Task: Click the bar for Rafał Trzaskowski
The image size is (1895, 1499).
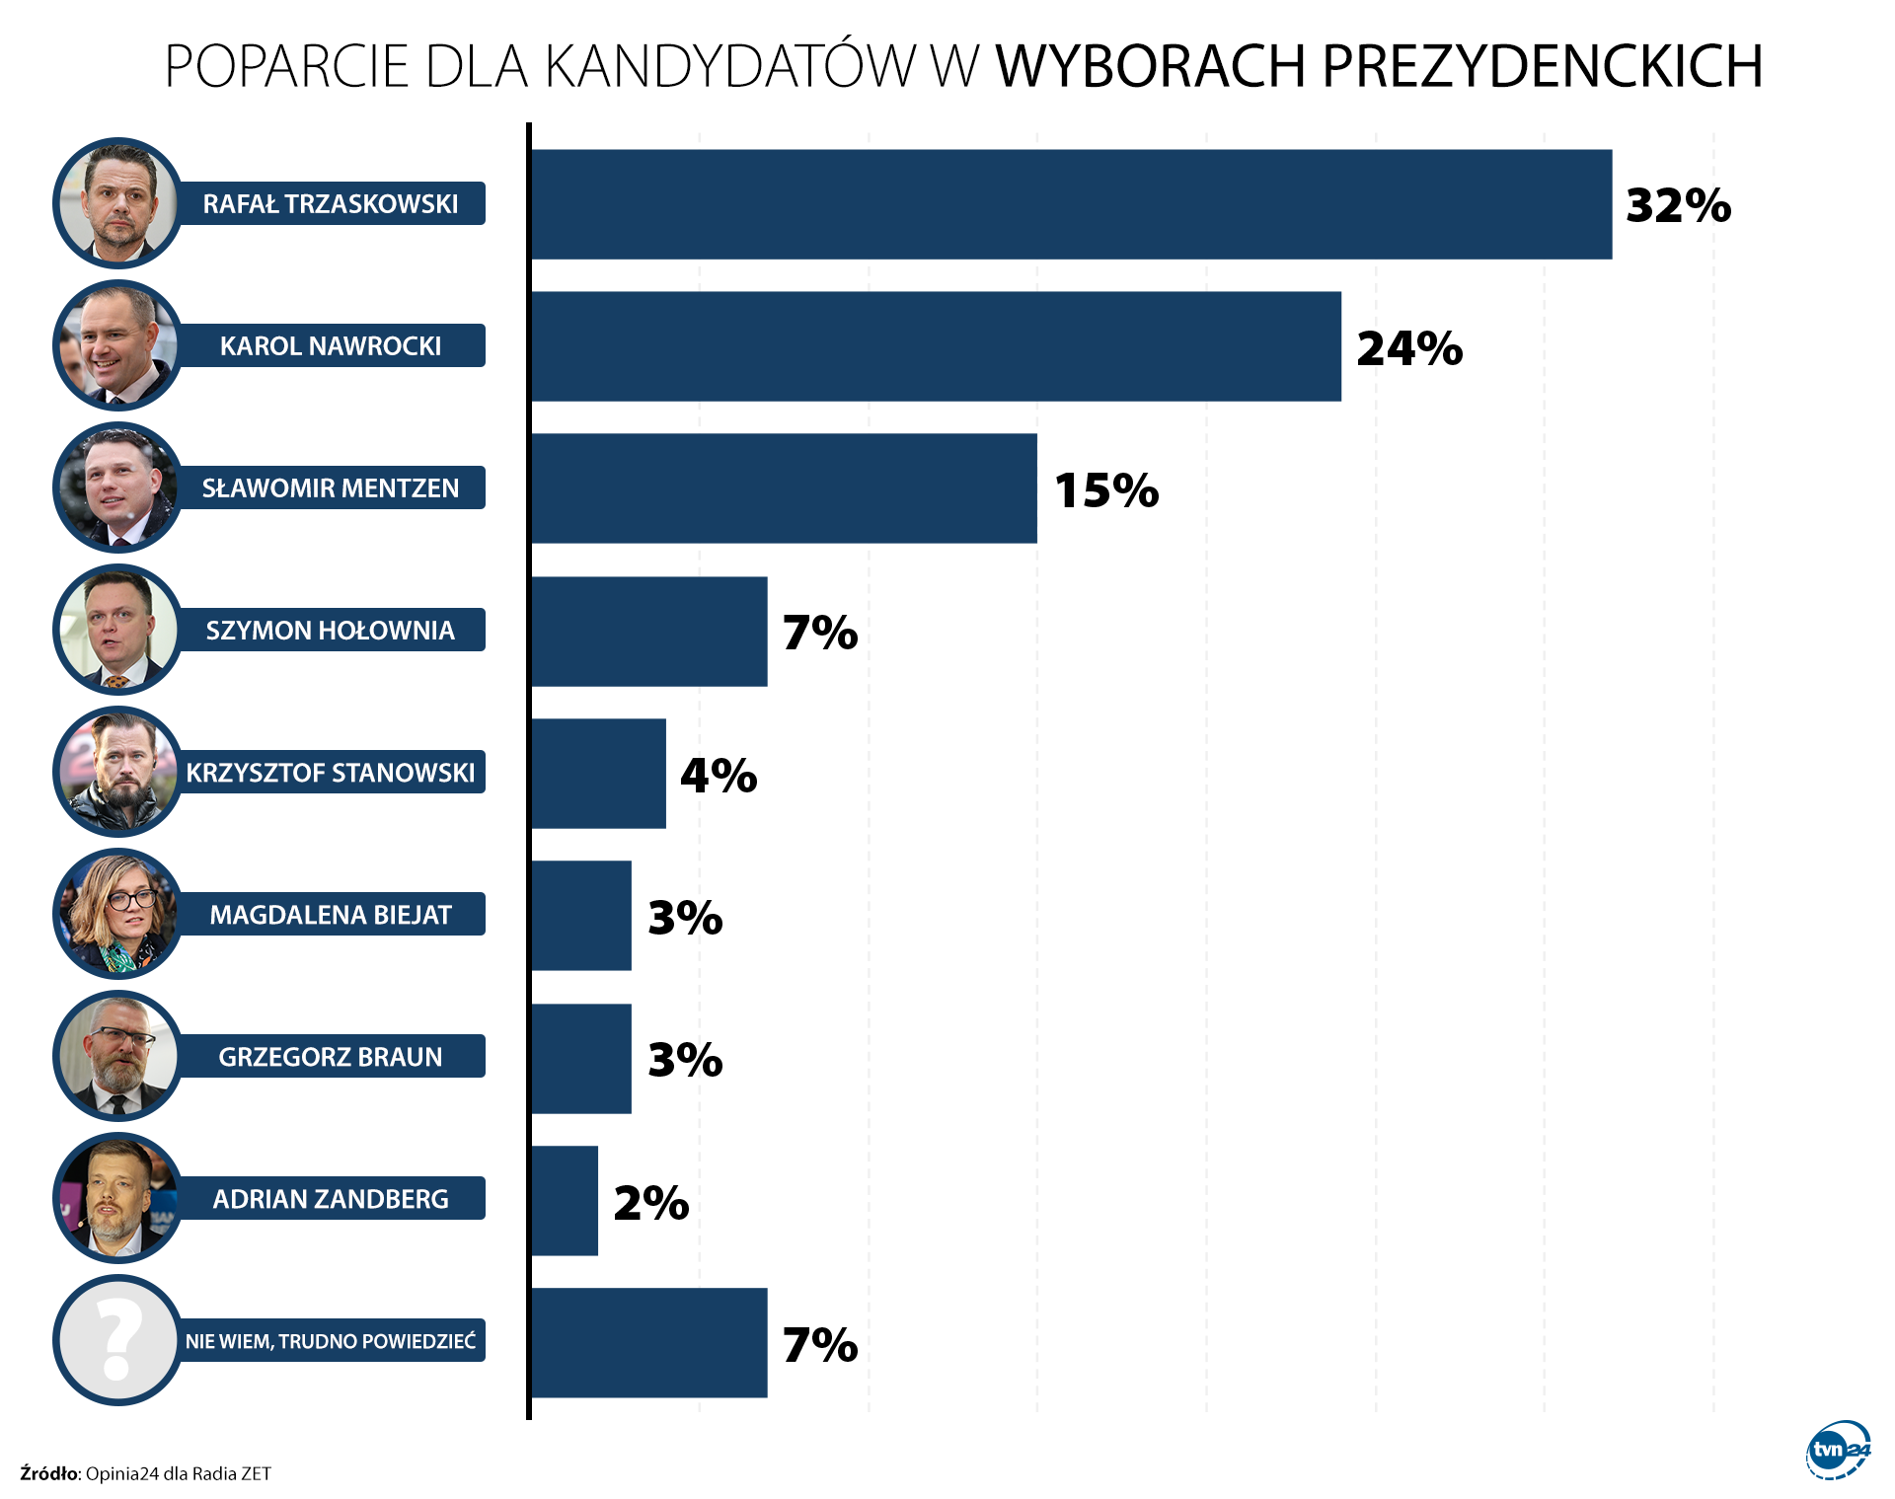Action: (1071, 204)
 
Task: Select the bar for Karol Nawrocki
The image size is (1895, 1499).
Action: (936, 346)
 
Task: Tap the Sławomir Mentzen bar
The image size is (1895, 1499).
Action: (784, 488)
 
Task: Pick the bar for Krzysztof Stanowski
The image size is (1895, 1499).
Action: (598, 774)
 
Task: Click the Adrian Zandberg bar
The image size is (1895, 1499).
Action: (565, 1201)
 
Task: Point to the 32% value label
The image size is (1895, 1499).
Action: (1678, 205)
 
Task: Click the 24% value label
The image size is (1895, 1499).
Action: (1408, 348)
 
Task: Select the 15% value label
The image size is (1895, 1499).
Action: (1106, 490)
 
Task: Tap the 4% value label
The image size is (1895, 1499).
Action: (719, 776)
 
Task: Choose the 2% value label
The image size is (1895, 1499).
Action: (651, 1203)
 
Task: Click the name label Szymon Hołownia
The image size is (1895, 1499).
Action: (331, 631)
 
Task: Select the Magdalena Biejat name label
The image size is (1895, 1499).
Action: (331, 915)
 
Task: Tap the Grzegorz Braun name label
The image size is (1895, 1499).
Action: (331, 1057)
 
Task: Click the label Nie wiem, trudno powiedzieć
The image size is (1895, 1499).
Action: (331, 1341)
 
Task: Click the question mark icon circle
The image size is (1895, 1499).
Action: (117, 1340)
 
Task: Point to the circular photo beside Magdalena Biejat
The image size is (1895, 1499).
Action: (117, 914)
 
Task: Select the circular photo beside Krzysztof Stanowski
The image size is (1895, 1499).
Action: (117, 772)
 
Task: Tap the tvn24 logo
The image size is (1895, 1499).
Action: (1838, 1450)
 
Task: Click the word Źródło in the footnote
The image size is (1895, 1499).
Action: (48, 1473)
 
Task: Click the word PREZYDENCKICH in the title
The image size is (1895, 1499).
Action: (1542, 66)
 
